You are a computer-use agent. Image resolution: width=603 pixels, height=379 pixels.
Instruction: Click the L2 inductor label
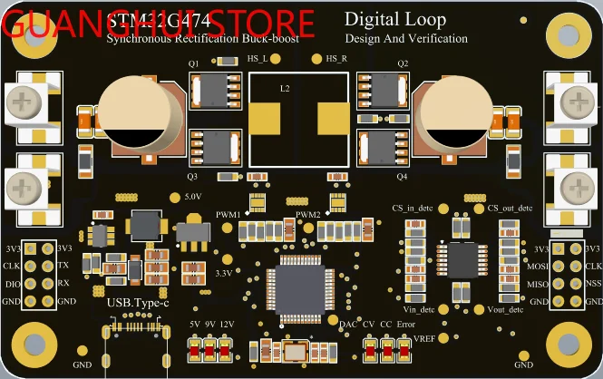(x=285, y=89)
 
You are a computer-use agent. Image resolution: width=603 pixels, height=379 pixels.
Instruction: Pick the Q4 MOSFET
(x=388, y=149)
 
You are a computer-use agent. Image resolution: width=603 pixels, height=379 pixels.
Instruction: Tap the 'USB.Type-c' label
(x=137, y=303)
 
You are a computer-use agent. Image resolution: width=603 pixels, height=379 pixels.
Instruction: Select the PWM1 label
(x=228, y=215)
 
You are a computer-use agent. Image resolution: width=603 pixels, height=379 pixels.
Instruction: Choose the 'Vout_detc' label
(x=505, y=309)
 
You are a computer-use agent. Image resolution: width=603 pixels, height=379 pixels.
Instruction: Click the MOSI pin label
(x=538, y=267)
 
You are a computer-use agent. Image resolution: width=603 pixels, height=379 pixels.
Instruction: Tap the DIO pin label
(x=13, y=283)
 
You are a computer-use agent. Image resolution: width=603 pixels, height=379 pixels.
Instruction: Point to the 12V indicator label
(x=228, y=324)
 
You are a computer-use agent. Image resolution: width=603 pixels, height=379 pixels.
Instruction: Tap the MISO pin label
(x=538, y=284)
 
